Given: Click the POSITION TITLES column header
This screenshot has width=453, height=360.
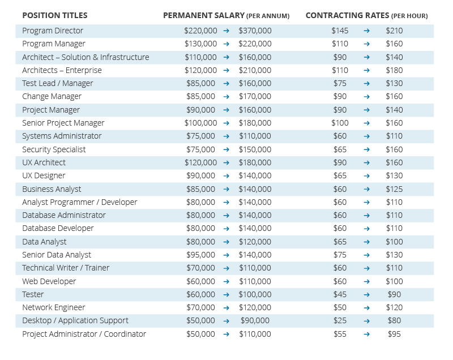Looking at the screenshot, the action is click(55, 15).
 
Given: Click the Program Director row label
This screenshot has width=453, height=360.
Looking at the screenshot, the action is click(53, 31).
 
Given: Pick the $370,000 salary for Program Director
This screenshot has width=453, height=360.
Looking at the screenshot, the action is click(255, 31).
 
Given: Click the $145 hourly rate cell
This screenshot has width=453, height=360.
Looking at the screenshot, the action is click(340, 31).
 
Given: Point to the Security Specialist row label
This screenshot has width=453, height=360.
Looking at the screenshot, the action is click(54, 149).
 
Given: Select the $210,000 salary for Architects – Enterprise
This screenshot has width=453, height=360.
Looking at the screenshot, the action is click(255, 70).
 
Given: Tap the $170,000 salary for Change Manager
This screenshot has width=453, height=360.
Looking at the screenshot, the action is click(255, 96).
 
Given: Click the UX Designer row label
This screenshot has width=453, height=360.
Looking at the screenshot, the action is click(44, 176).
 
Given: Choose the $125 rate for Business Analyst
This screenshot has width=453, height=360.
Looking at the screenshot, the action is click(394, 189).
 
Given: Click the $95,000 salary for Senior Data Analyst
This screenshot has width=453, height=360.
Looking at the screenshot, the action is click(200, 255).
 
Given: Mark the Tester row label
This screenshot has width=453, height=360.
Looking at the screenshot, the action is click(33, 294).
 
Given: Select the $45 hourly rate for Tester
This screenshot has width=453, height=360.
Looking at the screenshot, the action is click(340, 294).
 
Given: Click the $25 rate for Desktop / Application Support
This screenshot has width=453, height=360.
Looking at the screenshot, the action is click(340, 320).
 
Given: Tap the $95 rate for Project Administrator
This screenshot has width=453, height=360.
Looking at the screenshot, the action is click(394, 334).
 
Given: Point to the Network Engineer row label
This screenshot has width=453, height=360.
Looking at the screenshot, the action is click(54, 307).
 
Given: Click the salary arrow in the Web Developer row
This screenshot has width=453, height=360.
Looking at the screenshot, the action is click(226, 281).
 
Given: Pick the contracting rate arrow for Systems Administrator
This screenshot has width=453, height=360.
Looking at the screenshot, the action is click(366, 136).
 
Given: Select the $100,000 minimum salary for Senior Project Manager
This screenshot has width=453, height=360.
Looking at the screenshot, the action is click(200, 123).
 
